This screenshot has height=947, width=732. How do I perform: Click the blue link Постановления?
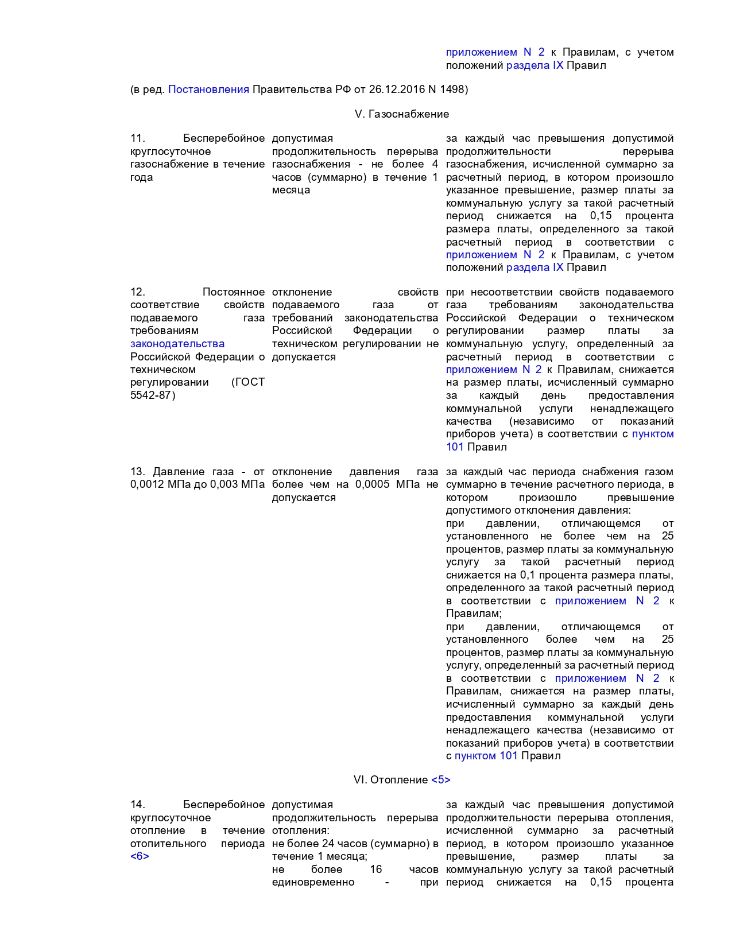pyautogui.click(x=208, y=90)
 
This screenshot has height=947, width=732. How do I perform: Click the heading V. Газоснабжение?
pyautogui.click(x=402, y=114)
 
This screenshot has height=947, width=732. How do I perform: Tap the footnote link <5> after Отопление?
pyautogui.click(x=441, y=780)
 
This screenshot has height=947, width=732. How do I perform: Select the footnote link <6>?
pyautogui.click(x=140, y=856)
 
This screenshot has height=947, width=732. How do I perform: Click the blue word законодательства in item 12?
pyautogui.click(x=177, y=344)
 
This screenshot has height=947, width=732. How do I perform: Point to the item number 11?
pyautogui.click(x=137, y=138)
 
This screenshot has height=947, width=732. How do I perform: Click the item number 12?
pyautogui.click(x=138, y=292)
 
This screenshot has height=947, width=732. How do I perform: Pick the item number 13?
pyautogui.click(x=138, y=472)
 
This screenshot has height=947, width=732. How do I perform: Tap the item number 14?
pyautogui.click(x=138, y=805)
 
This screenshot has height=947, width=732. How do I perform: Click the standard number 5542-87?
pyautogui.click(x=152, y=395)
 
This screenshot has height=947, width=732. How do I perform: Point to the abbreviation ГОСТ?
pyautogui.click(x=249, y=382)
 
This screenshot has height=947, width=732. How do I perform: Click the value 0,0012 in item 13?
pyautogui.click(x=146, y=484)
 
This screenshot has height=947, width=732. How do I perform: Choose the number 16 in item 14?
pyautogui.click(x=376, y=870)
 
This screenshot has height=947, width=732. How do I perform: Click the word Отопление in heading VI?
pyautogui.click(x=399, y=780)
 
